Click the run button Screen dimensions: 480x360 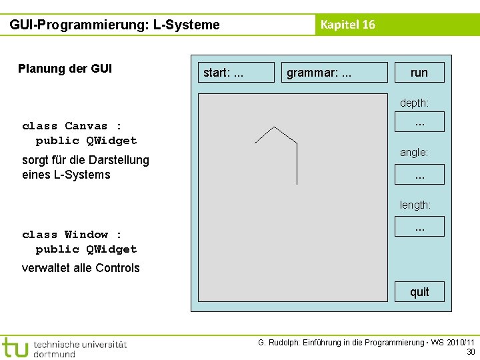pyautogui.click(x=419, y=72)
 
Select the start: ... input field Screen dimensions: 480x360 pyautogui.click(x=237, y=72)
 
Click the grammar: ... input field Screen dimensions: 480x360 pyautogui.click(x=336, y=72)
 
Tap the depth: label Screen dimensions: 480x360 pyautogui.click(x=414, y=103)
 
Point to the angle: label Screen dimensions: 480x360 pyautogui.click(x=414, y=153)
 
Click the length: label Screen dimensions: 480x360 pyautogui.click(x=415, y=205)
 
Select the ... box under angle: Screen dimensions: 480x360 pyautogui.click(x=419, y=175)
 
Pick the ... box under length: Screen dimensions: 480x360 pyautogui.click(x=419, y=227)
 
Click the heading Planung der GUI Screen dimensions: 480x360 pyautogui.click(x=65, y=69)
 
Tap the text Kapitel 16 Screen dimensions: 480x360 pyautogui.click(x=347, y=25)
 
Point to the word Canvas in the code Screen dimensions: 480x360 pyautogui.click(x=86, y=126)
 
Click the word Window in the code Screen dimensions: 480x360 pyautogui.click(x=86, y=235)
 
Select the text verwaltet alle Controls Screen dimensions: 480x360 pyautogui.click(x=81, y=268)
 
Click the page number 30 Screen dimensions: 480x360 pyautogui.click(x=471, y=351)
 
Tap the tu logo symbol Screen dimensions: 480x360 pyautogui.click(x=15, y=347)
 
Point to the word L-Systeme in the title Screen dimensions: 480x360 pyautogui.click(x=187, y=25)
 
